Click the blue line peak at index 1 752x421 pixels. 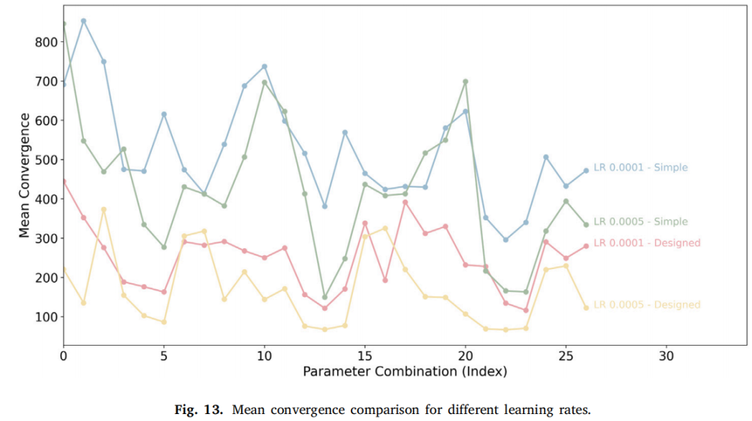(x=84, y=21)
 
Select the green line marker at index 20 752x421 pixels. (x=465, y=82)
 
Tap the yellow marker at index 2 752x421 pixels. (x=104, y=210)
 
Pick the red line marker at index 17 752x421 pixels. (x=405, y=203)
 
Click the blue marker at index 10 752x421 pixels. (x=265, y=67)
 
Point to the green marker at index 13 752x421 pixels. (x=324, y=297)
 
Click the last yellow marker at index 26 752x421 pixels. (x=586, y=307)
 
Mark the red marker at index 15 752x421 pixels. (x=365, y=223)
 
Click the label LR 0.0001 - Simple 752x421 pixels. (x=641, y=167)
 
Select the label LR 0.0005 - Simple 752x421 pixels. (x=641, y=222)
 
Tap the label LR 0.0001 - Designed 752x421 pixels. (x=647, y=243)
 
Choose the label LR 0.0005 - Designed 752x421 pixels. (x=647, y=305)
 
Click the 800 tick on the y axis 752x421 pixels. (x=46, y=43)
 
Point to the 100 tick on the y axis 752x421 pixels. (x=46, y=317)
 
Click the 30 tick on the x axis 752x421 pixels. (x=666, y=356)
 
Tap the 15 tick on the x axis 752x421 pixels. (x=365, y=356)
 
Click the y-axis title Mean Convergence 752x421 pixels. (x=24, y=175)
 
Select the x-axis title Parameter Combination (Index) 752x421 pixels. (x=405, y=372)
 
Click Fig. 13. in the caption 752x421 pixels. (x=198, y=410)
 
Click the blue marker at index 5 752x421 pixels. (x=164, y=114)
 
